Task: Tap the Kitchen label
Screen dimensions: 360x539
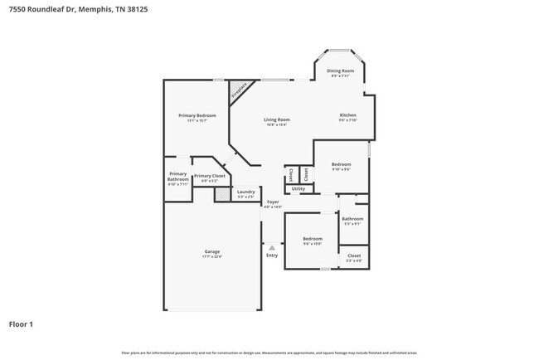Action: coord(347,115)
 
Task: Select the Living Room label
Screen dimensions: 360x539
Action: coord(276,120)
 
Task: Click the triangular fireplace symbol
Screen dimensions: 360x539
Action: coord(240,89)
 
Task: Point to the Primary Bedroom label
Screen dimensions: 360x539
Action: coord(197,115)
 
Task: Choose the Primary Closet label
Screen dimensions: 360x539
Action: coord(210,176)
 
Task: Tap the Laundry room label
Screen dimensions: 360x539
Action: coord(245,192)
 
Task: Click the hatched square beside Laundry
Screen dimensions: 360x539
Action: coord(221,194)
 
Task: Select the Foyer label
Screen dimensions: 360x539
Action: coord(273,202)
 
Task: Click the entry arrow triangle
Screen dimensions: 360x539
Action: coord(272,246)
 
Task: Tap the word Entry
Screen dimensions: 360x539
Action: coord(272,255)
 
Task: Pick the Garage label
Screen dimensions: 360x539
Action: coord(211,252)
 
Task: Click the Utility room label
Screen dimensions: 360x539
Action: coord(299,189)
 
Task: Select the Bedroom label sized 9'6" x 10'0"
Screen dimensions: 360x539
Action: coord(312,240)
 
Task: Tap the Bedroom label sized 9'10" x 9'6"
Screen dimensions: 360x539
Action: coord(341,165)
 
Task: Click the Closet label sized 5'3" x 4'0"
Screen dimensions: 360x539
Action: coord(353,256)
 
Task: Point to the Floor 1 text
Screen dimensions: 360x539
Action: coord(21,324)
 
